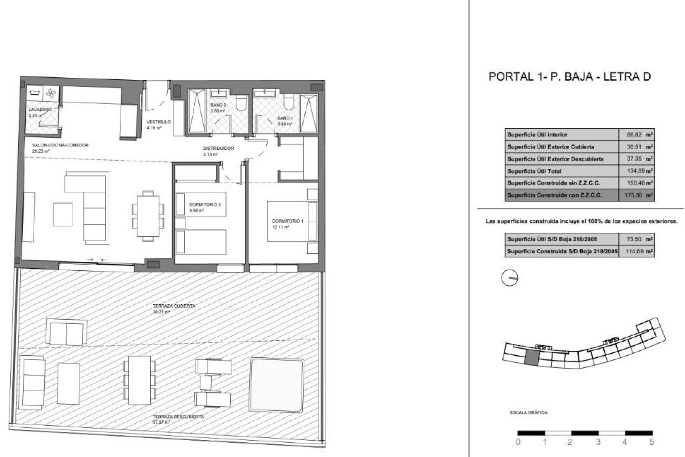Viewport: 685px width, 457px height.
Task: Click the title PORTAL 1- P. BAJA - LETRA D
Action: (569, 77)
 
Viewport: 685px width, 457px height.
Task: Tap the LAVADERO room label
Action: (40, 110)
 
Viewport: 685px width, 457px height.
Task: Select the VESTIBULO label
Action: (158, 122)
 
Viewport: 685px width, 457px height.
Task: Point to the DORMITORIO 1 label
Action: (287, 221)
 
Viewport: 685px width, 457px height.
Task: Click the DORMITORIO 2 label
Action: (205, 205)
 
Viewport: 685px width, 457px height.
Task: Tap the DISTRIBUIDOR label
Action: (218, 149)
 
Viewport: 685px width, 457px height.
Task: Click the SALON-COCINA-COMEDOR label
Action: (60, 145)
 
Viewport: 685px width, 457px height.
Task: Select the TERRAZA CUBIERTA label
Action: (174, 306)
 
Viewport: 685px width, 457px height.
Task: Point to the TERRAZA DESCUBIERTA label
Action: (178, 417)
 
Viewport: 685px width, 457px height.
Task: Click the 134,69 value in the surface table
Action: (636, 171)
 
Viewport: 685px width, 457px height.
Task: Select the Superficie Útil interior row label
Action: (537, 135)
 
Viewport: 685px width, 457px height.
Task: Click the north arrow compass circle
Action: (509, 277)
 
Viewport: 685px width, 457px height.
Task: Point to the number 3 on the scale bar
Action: (598, 442)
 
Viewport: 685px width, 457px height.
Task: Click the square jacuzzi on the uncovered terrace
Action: (277, 384)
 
